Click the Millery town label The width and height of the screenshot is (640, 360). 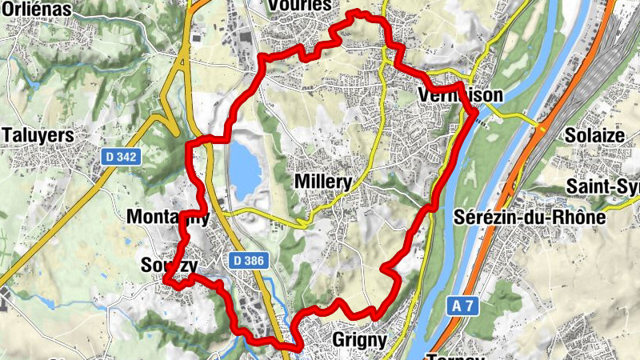tap(323, 182)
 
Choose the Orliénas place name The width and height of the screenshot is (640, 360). tap(36, 9)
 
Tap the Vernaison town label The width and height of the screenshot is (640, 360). tap(461, 95)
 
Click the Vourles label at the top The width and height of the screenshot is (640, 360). tap(300, 5)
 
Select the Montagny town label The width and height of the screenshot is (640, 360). tap(167, 217)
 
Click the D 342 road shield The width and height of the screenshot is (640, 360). tap(122, 158)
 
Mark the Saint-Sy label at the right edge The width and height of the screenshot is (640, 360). tap(604, 186)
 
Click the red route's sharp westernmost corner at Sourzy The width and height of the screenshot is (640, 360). tap(166, 279)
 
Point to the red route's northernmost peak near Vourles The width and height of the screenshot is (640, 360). tap(356, 12)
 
